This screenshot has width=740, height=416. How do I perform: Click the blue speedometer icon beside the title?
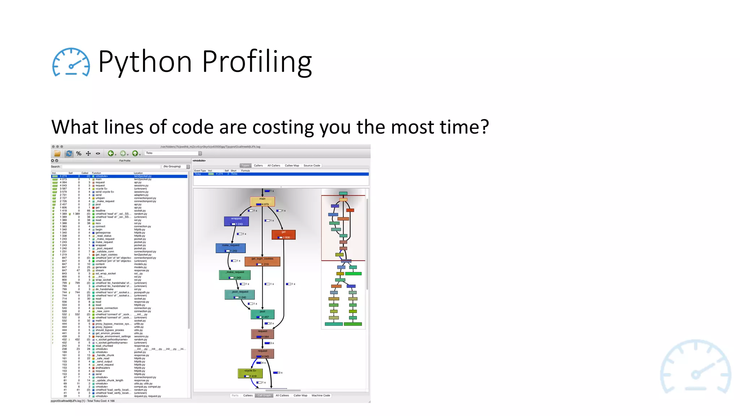pos(71,62)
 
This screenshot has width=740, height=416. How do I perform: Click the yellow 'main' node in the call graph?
pos(262,201)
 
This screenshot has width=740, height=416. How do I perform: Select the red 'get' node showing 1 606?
pos(284,235)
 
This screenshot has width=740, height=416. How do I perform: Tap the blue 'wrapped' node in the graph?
pos(236,221)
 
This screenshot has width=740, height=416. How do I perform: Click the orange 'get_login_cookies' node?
pos(262,261)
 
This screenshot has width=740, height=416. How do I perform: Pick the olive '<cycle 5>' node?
pos(250,373)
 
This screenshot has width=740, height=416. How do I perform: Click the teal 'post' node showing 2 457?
pos(263,314)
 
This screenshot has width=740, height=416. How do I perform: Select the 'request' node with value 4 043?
pos(263,354)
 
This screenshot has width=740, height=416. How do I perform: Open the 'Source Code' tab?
pos(312,165)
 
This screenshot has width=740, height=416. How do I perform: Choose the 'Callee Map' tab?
pos(292,165)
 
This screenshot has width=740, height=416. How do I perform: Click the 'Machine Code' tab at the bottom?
pos(321,395)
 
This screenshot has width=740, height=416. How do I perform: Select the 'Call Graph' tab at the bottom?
pos(264,395)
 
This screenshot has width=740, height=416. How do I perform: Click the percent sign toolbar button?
pos(79,153)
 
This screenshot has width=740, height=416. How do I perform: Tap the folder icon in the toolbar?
pos(57,153)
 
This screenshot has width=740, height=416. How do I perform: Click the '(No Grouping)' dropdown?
pos(176,166)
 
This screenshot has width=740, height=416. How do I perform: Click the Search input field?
pos(111,166)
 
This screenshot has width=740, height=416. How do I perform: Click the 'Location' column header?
pos(138,173)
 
